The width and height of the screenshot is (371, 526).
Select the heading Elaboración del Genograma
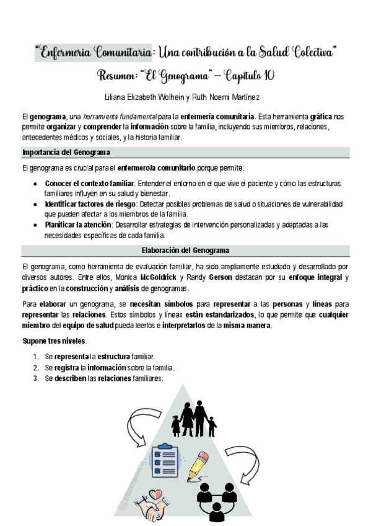186,251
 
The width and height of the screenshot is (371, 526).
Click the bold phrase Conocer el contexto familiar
90,184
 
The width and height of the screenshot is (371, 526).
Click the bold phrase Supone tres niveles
55,342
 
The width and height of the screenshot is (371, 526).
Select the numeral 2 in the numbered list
36,367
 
